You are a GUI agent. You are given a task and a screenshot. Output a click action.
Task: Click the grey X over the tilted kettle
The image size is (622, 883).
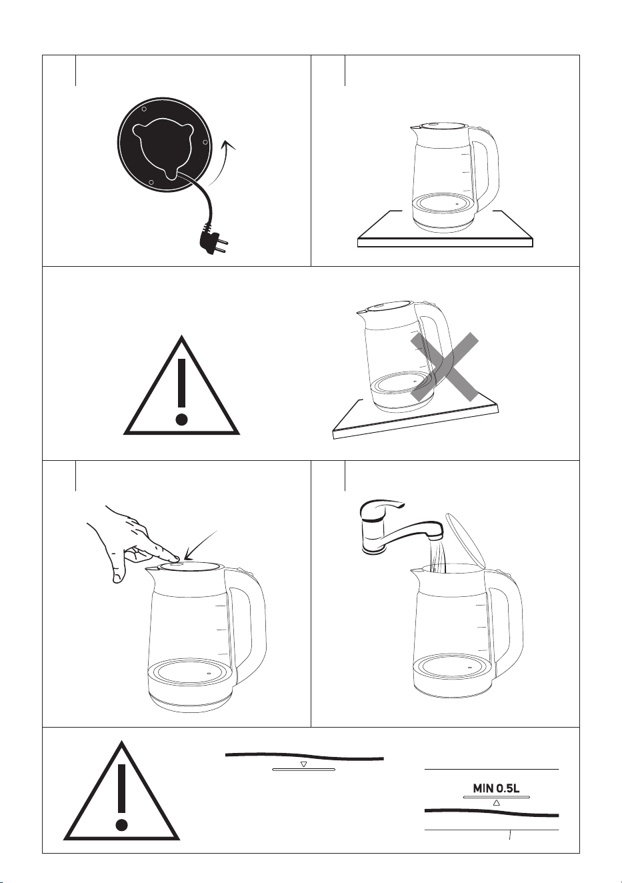pyautogui.click(x=445, y=367)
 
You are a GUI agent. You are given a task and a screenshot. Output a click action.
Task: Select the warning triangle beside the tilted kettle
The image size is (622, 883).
pyautogui.click(x=181, y=386)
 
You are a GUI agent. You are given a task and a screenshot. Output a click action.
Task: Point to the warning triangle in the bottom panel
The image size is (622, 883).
pyautogui.click(x=121, y=792)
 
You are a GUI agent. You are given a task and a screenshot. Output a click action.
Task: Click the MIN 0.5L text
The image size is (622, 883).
pyautogui.click(x=496, y=788)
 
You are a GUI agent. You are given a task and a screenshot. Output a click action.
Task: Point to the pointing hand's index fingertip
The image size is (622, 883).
pyautogui.click(x=176, y=558)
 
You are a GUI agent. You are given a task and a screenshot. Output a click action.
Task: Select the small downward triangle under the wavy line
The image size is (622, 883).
pyautogui.click(x=303, y=764)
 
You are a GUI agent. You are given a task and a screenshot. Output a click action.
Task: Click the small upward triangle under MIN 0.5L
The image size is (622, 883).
pyautogui.click(x=496, y=802)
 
